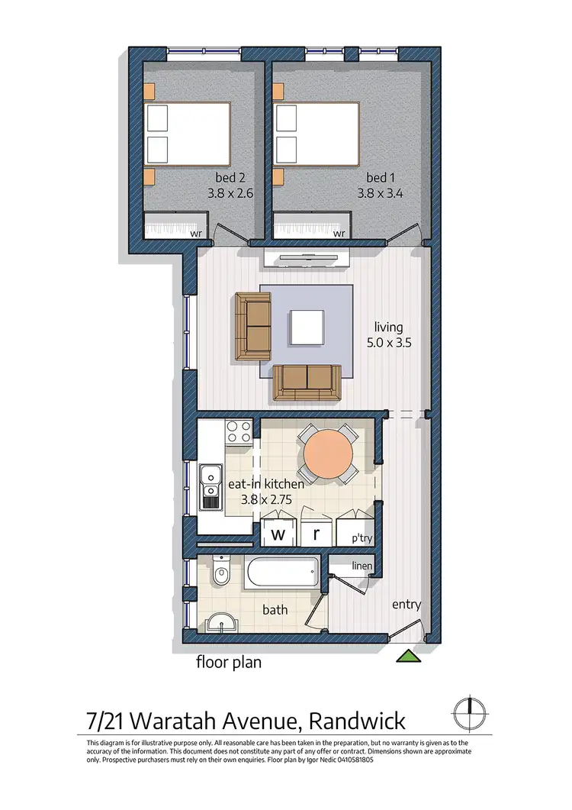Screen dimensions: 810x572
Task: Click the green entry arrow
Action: (410, 654)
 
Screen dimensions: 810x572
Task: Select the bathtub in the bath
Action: (281, 573)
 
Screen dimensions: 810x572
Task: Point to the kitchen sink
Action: (210, 487)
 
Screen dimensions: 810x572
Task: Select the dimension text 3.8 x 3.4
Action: (381, 194)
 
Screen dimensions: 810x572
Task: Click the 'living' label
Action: (389, 328)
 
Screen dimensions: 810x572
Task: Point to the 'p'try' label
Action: (362, 537)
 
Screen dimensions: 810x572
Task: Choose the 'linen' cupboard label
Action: (362, 566)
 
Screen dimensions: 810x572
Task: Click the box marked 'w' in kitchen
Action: (278, 534)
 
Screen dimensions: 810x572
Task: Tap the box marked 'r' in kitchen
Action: (317, 534)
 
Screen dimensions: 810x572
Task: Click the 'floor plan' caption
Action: (229, 662)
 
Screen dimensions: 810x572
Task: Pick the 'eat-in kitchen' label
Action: (266, 484)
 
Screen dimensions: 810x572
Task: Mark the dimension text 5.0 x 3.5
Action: (389, 343)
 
